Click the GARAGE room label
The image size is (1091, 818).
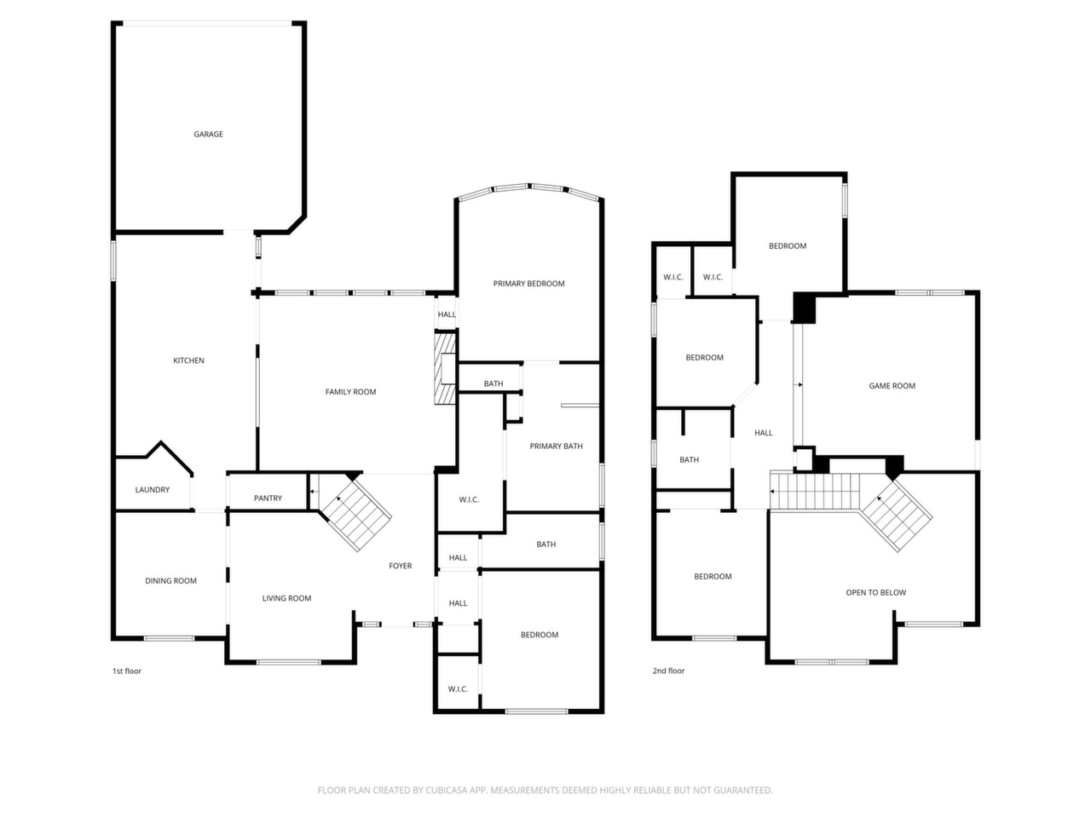point(208,134)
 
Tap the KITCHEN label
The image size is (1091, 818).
point(188,360)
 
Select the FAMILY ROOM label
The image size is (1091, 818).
point(350,392)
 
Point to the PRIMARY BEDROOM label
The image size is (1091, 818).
point(528,284)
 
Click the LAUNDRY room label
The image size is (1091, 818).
point(152,490)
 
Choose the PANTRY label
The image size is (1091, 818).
point(268,498)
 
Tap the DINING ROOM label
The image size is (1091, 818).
point(170,580)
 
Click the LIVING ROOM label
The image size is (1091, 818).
point(286,598)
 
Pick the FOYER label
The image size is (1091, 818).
point(400,566)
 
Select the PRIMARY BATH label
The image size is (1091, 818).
point(556,446)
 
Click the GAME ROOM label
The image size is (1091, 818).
point(892,386)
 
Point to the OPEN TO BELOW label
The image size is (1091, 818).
point(875,592)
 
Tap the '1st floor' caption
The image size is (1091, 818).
point(127,671)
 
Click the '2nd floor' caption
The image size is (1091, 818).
point(668,671)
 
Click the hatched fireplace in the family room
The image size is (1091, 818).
point(445,368)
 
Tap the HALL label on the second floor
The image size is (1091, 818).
point(763,433)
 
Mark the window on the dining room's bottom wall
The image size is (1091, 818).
point(169,638)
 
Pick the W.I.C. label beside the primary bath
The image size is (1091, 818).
point(469,499)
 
